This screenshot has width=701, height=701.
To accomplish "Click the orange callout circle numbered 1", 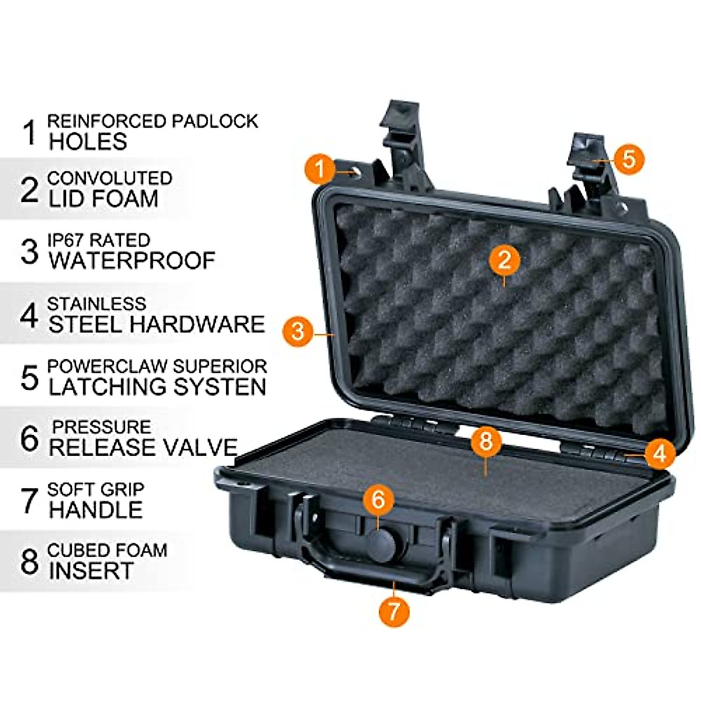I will click(320, 169).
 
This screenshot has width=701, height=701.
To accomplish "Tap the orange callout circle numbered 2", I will click(505, 260).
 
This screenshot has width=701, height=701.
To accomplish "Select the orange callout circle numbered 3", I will click(298, 331).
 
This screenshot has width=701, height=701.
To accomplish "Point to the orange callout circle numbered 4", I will click(660, 453).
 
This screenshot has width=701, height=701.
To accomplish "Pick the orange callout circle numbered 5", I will click(629, 158).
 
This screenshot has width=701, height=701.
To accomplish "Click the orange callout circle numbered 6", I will click(379, 500).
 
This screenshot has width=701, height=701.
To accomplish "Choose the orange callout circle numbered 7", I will click(394, 611).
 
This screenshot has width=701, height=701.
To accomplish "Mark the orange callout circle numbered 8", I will click(486, 441).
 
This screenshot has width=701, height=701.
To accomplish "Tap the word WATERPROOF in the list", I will click(132, 261).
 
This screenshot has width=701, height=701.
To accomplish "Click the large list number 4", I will click(29, 315).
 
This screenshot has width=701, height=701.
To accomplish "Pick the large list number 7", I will click(29, 501).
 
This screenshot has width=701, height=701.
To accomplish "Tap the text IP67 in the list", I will click(66, 240).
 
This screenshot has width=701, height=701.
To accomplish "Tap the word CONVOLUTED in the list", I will click(110, 178).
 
